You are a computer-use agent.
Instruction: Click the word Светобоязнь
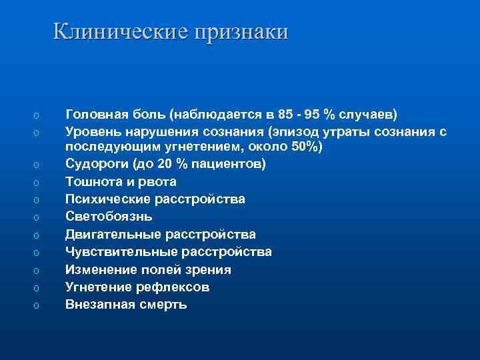pyautogui.click(x=109, y=217)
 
